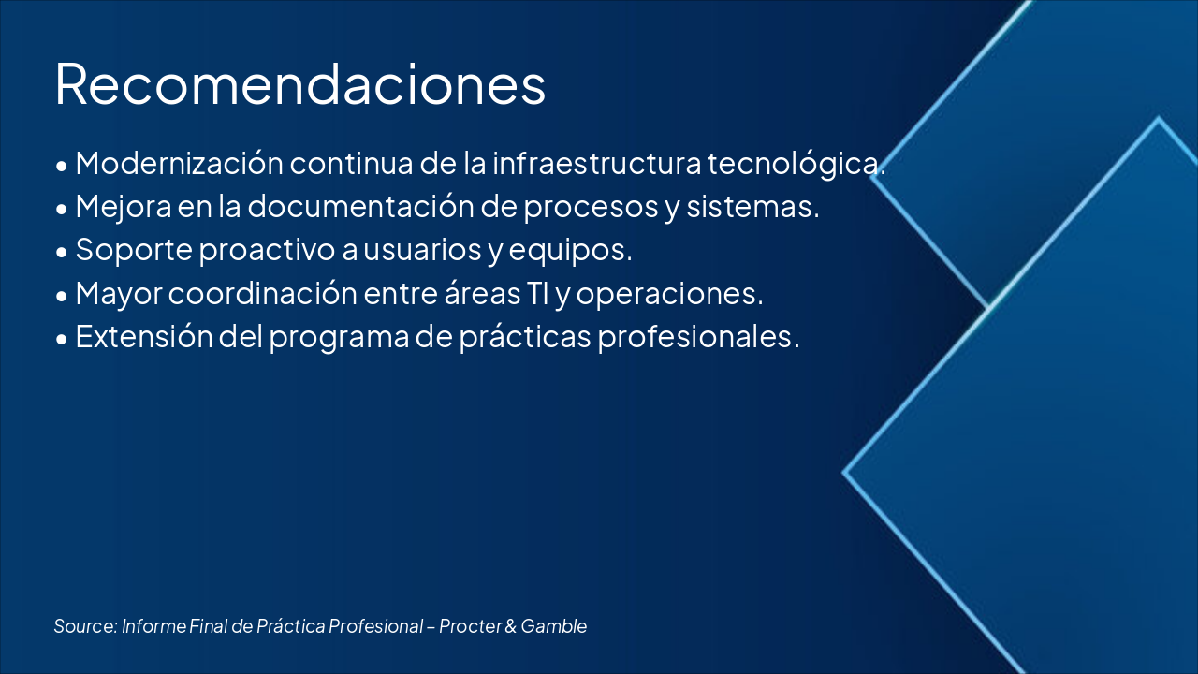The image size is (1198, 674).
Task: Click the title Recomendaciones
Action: point(299,84)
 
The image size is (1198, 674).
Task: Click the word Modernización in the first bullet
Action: point(179,163)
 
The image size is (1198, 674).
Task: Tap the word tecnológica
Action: point(794,163)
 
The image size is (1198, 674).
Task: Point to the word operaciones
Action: point(668,294)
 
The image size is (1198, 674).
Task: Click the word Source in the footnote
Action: point(85,626)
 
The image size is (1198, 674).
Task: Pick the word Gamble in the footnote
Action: point(554,626)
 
